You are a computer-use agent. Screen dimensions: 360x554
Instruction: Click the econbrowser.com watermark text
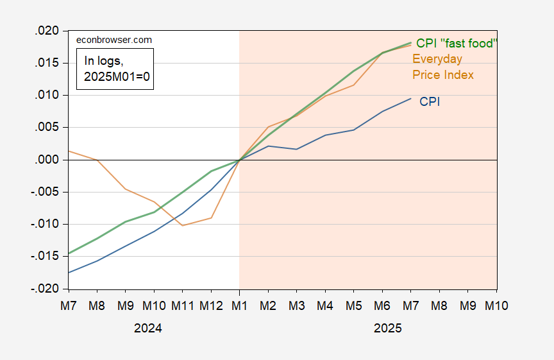(x=114, y=40)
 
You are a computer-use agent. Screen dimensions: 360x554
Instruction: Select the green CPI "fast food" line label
(x=457, y=43)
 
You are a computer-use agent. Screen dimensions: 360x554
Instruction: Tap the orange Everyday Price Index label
(x=442, y=67)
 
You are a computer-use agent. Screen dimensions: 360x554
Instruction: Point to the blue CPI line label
(x=430, y=101)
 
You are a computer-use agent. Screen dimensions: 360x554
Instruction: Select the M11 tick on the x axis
(x=183, y=306)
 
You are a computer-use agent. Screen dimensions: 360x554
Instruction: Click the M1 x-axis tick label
(x=239, y=306)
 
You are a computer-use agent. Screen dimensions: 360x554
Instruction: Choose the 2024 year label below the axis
(x=147, y=328)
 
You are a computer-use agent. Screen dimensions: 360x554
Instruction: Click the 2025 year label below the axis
(x=388, y=328)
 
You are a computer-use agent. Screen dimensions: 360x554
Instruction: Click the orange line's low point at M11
(x=183, y=225)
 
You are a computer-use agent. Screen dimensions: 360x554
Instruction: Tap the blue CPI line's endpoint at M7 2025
(x=410, y=98)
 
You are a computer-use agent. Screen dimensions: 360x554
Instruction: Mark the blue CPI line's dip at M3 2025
(x=296, y=149)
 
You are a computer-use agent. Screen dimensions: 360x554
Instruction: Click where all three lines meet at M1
(x=239, y=160)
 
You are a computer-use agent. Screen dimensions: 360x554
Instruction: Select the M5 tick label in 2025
(x=353, y=306)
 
